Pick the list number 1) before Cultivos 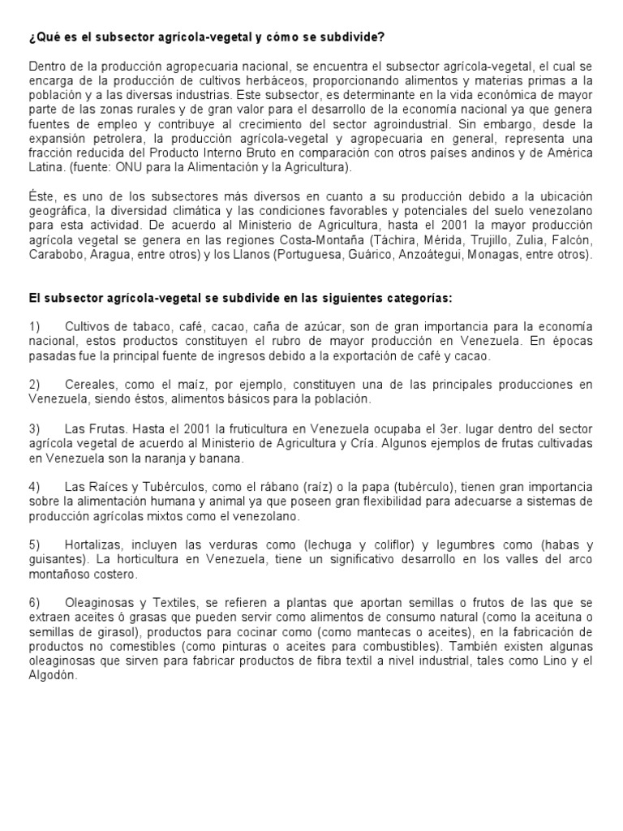pos(35,326)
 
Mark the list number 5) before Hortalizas pos(35,545)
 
